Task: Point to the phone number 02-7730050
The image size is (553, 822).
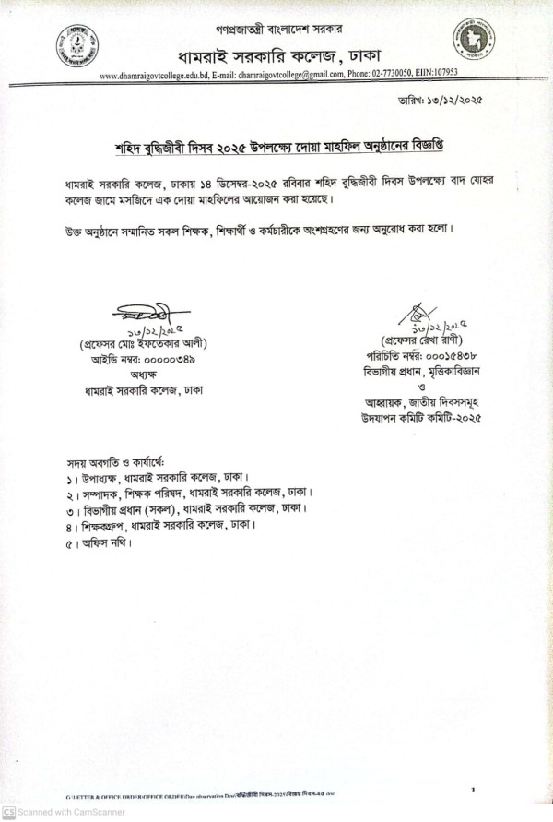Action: click(390, 76)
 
